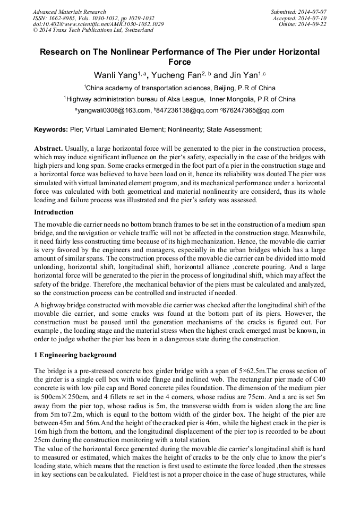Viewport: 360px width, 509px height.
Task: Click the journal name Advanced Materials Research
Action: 69,12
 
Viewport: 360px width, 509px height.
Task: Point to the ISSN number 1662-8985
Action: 59,18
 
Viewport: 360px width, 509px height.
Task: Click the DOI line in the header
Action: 98,24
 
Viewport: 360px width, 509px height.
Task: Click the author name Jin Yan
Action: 244,75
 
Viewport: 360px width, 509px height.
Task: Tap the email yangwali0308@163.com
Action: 114,110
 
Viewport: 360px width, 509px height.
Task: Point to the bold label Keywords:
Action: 50,129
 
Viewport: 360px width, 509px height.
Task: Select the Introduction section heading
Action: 54,212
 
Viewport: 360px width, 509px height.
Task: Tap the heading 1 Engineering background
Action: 75,355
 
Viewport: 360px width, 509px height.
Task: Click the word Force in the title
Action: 179,62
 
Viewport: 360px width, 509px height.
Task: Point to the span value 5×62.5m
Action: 250,370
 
